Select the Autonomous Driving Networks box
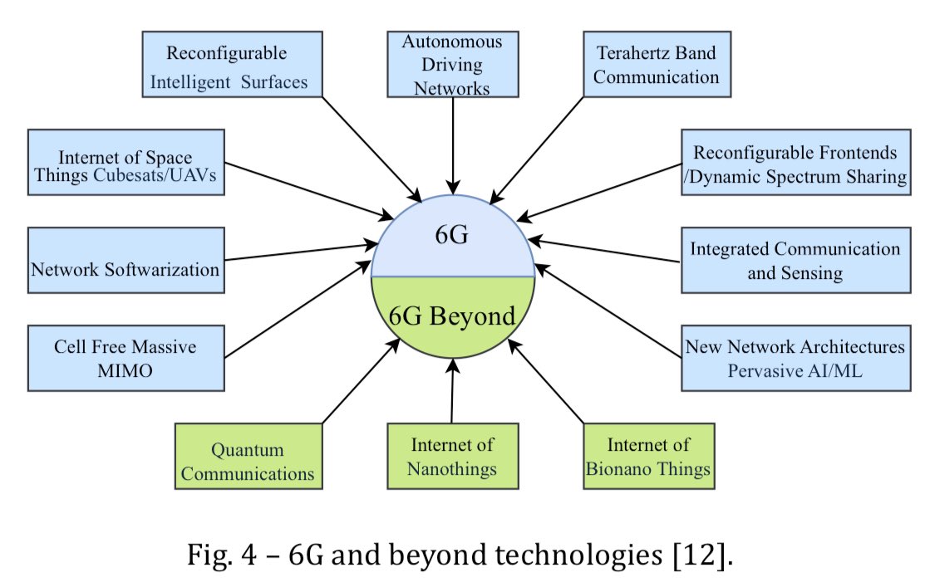453,64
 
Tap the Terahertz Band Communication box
656,65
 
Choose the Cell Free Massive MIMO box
125,357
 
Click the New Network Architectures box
795,357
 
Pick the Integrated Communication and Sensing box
795,259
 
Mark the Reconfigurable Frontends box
795,163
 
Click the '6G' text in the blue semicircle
453,235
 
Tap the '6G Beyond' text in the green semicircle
453,316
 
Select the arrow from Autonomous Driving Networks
453,145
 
